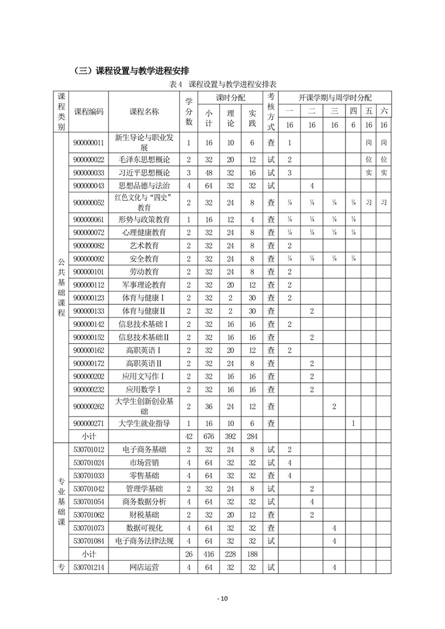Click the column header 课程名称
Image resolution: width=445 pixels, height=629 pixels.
coord(144,111)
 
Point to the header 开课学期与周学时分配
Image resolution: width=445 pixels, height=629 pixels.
coord(335,97)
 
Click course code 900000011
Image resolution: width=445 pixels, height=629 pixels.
coord(88,143)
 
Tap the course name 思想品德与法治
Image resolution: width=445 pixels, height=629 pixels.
coord(144,186)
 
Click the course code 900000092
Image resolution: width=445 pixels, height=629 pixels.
coord(88,259)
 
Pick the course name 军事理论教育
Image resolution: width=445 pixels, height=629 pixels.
coord(144,285)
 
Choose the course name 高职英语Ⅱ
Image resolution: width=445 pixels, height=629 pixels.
coord(144,363)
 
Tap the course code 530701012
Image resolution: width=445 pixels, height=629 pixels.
coord(88,449)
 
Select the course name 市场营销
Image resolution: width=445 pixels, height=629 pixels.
coord(144,462)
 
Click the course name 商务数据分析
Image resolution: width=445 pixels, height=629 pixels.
coord(144,502)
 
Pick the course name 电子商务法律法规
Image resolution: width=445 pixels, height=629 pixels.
coord(144,541)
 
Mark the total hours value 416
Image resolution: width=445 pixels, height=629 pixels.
coord(209,554)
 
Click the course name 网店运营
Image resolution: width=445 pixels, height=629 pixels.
coord(144,567)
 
